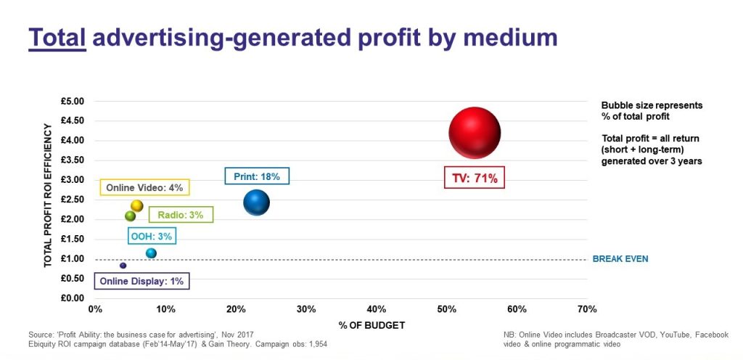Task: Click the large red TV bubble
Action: [x=475, y=133]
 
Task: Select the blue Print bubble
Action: [x=256, y=202]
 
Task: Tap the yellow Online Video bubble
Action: [x=136, y=206]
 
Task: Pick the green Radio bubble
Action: [x=131, y=216]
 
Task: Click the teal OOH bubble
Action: [x=151, y=253]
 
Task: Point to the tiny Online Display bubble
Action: [x=123, y=266]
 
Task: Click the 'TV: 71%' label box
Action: [x=475, y=179]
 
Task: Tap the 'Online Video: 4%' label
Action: [x=144, y=188]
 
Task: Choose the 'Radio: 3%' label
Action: [x=181, y=214]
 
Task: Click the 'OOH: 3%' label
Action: [x=152, y=236]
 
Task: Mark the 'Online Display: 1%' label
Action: [x=142, y=282]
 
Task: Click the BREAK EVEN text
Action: [x=620, y=258]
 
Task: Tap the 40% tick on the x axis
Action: [x=376, y=309]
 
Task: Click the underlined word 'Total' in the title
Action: [x=57, y=37]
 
